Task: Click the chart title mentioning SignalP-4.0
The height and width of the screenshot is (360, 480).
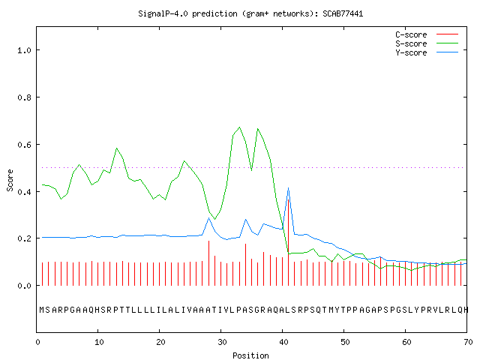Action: (x=250, y=13)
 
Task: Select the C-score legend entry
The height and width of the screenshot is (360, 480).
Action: (x=427, y=34)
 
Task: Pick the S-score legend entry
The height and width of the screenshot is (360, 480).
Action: (x=427, y=43)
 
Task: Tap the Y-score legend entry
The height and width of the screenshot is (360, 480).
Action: (x=427, y=52)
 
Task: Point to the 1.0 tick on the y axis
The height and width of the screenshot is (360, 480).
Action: (x=24, y=50)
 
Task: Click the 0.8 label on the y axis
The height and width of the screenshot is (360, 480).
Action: (x=24, y=97)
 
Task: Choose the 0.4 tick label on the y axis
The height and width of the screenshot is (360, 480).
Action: (x=24, y=192)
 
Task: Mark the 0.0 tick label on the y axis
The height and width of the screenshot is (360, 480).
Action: (x=24, y=286)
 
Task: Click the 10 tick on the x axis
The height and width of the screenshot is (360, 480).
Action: (x=99, y=342)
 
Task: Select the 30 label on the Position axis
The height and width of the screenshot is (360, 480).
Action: (x=222, y=342)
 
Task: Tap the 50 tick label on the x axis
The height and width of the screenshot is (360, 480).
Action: (x=345, y=342)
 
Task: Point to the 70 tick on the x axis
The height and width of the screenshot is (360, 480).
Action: (x=468, y=342)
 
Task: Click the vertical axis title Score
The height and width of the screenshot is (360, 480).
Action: (x=10, y=180)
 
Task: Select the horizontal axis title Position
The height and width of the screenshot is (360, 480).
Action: (x=250, y=355)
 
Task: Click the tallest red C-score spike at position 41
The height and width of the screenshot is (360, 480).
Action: (x=288, y=242)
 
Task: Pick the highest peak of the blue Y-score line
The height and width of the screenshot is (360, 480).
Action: (x=288, y=188)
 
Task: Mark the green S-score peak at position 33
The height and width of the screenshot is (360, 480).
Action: (x=239, y=127)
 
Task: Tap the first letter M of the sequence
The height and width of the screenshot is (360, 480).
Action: (x=42, y=310)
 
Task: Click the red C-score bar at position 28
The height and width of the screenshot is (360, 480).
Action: (x=208, y=263)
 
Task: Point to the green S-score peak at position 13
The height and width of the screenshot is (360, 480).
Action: (x=117, y=148)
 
